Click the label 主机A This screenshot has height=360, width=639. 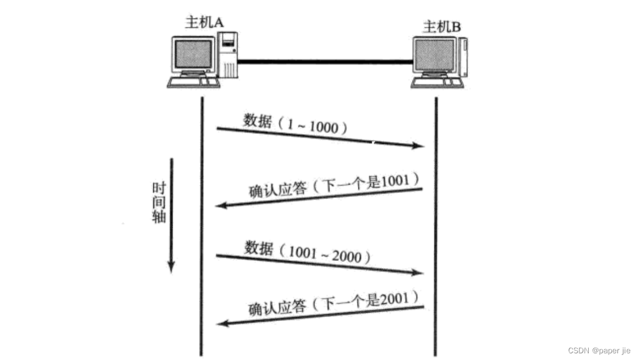pyautogui.click(x=205, y=22)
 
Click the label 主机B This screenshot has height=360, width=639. pyautogui.click(x=443, y=26)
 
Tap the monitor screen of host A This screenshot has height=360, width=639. pyautogui.click(x=193, y=55)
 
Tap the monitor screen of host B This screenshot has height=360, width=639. pyautogui.click(x=435, y=56)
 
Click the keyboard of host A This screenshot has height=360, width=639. pyautogui.click(x=193, y=81)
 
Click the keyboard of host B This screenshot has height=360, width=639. pyautogui.click(x=437, y=82)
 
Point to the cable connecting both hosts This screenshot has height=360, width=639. pyautogui.click(x=324, y=61)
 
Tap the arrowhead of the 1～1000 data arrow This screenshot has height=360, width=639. pyautogui.click(x=419, y=146)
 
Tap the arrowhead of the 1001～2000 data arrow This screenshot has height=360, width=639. pyautogui.click(x=419, y=273)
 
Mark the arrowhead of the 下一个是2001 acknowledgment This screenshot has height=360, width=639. pyautogui.click(x=221, y=323)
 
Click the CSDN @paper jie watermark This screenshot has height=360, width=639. pyautogui.click(x=599, y=351)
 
